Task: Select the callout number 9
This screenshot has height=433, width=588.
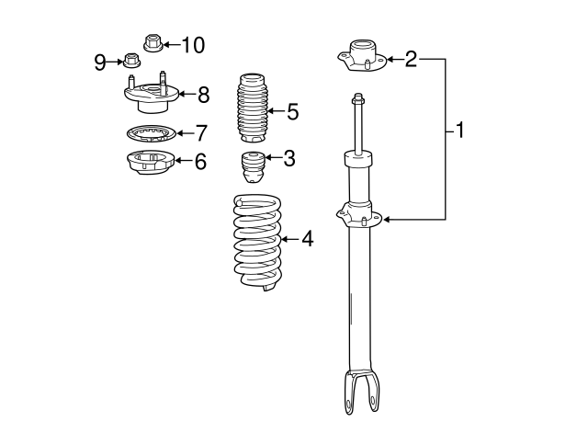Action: pyautogui.click(x=100, y=63)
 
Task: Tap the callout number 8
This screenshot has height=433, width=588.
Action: pyautogui.click(x=203, y=94)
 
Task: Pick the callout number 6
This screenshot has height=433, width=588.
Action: pyautogui.click(x=199, y=161)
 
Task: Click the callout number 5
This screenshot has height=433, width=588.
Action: pyautogui.click(x=292, y=112)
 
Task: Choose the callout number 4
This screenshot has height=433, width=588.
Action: pyautogui.click(x=307, y=239)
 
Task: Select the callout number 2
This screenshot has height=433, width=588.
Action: pyautogui.click(x=411, y=60)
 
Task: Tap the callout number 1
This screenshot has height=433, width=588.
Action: pyautogui.click(x=459, y=131)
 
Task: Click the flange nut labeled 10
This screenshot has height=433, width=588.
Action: pyautogui.click(x=153, y=42)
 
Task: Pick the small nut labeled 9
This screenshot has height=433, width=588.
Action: pyautogui.click(x=131, y=63)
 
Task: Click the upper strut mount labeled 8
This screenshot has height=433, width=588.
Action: pyautogui.click(x=148, y=95)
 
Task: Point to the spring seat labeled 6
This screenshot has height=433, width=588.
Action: pyautogui.click(x=148, y=164)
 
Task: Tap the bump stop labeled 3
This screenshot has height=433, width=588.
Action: pyautogui.click(x=254, y=167)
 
